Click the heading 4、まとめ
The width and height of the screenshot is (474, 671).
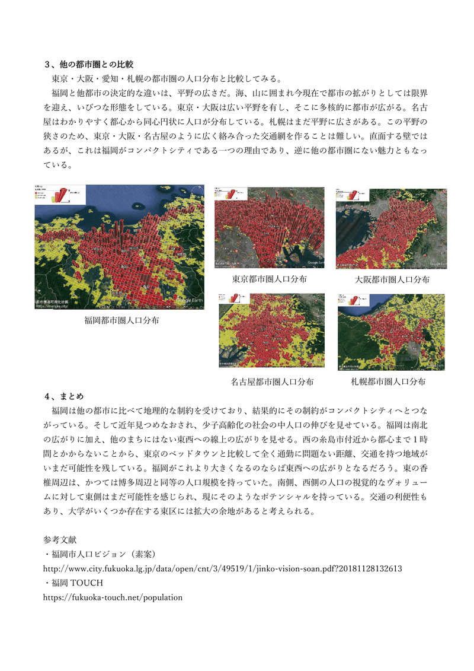65,396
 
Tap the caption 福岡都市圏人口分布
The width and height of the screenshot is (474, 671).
121,320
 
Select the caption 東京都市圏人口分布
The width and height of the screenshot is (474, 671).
269,279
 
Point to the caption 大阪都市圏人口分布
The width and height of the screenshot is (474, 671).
392,279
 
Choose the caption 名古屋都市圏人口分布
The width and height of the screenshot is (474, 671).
272,381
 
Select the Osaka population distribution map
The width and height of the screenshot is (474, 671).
391,228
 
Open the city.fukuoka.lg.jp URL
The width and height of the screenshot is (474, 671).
223,568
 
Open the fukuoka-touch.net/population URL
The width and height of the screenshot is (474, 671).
113,597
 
